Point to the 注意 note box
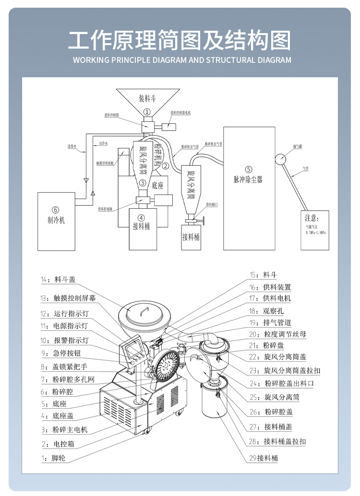pos(315,229)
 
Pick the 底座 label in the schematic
pos(158,185)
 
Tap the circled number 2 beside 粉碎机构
pos(165,166)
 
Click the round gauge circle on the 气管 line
pos(280,159)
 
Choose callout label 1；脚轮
pos(53,458)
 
